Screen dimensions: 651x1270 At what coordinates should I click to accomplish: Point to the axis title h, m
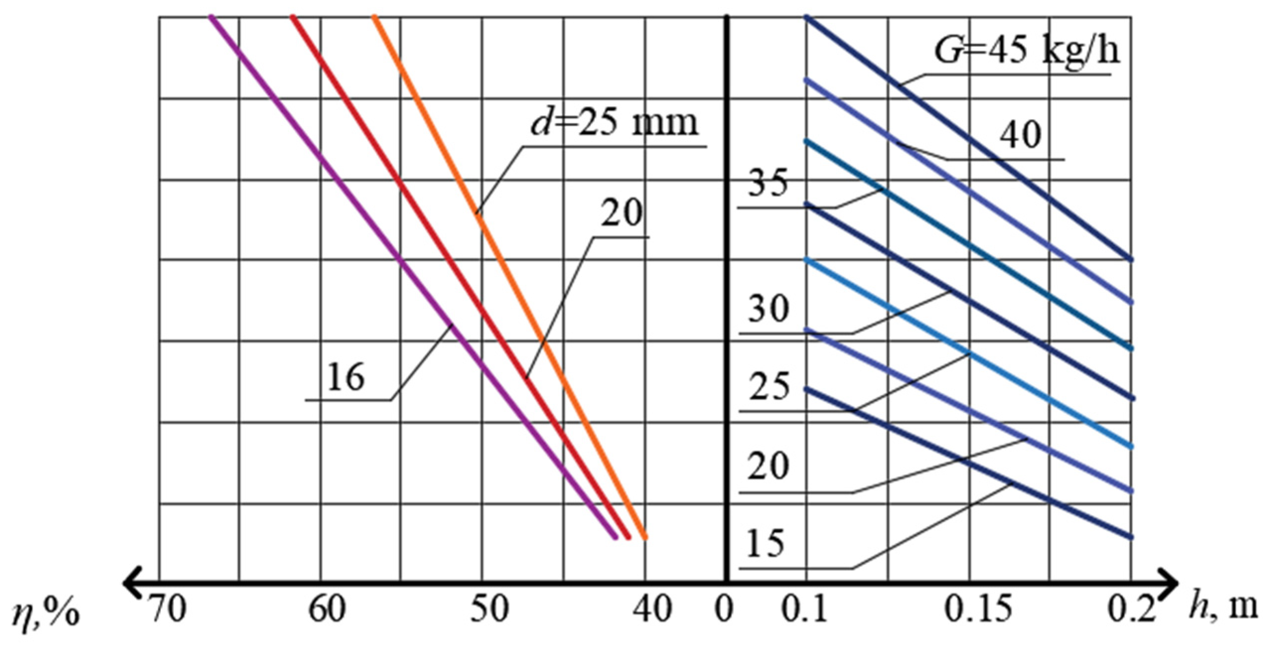[x=1223, y=608]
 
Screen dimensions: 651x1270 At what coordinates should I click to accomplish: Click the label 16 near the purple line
[x=345, y=377]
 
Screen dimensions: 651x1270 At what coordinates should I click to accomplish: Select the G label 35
[x=767, y=184]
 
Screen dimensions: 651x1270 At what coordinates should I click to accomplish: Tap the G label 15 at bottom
[x=767, y=543]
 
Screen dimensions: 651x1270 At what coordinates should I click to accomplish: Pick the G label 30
[x=768, y=310]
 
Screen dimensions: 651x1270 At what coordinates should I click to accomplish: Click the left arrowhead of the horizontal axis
[x=131, y=582]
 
